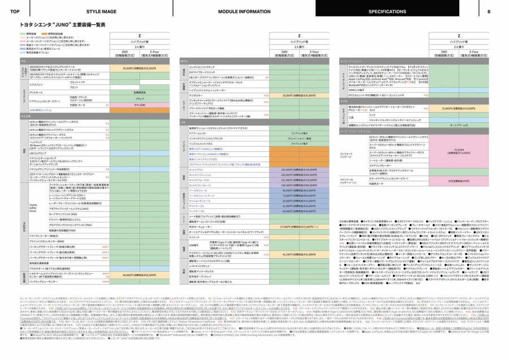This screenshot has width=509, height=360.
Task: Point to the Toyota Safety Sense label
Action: coord(34,208)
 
